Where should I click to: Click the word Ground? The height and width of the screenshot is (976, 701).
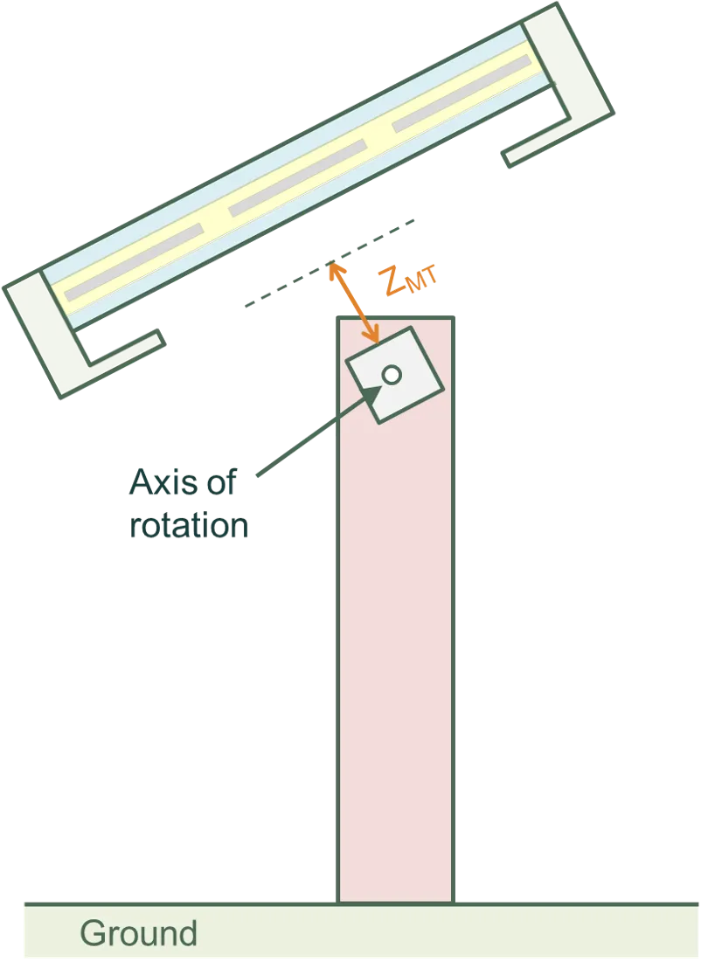[138, 934]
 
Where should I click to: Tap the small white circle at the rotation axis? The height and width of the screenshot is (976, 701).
[392, 375]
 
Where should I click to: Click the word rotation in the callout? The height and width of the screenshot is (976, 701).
[189, 526]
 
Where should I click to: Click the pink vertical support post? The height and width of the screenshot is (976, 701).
[395, 655]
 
